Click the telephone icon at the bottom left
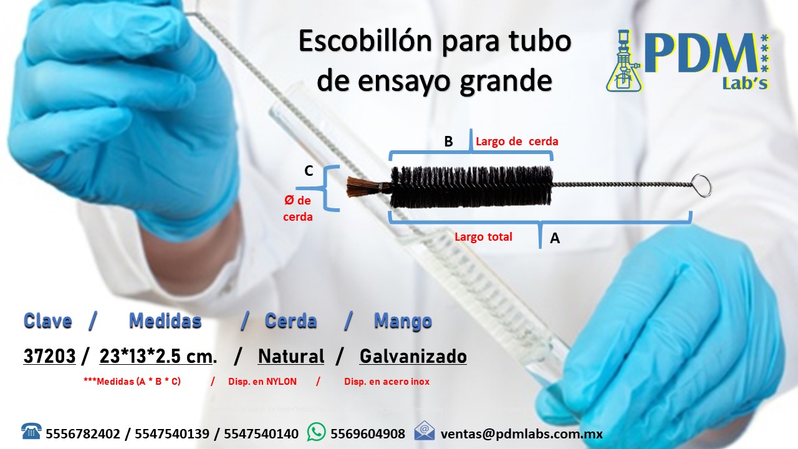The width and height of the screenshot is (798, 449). pyautogui.click(x=31, y=431)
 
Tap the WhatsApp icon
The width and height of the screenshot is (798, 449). pyautogui.click(x=316, y=432)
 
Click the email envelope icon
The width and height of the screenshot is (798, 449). pyautogui.click(x=425, y=431)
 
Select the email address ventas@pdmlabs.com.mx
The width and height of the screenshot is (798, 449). pyautogui.click(x=522, y=434)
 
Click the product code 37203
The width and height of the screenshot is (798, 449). pyautogui.click(x=49, y=356)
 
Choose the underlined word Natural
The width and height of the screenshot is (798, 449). pyautogui.click(x=291, y=356)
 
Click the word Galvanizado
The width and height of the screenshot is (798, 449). pyautogui.click(x=413, y=356)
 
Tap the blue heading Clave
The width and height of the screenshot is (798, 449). pyautogui.click(x=48, y=321)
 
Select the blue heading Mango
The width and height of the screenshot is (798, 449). pyautogui.click(x=403, y=322)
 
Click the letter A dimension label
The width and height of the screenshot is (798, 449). pyautogui.click(x=555, y=238)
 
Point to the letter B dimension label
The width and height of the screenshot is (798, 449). pyautogui.click(x=448, y=142)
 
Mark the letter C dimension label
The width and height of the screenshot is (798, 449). pyautogui.click(x=309, y=171)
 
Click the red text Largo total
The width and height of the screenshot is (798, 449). pyautogui.click(x=483, y=236)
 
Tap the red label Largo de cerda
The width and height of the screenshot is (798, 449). pyautogui.click(x=517, y=142)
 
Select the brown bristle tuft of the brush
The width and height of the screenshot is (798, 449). pyautogui.click(x=363, y=186)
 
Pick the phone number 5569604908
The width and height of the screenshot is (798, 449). pyautogui.click(x=368, y=434)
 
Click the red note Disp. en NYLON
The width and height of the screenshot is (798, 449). pyautogui.click(x=262, y=382)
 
